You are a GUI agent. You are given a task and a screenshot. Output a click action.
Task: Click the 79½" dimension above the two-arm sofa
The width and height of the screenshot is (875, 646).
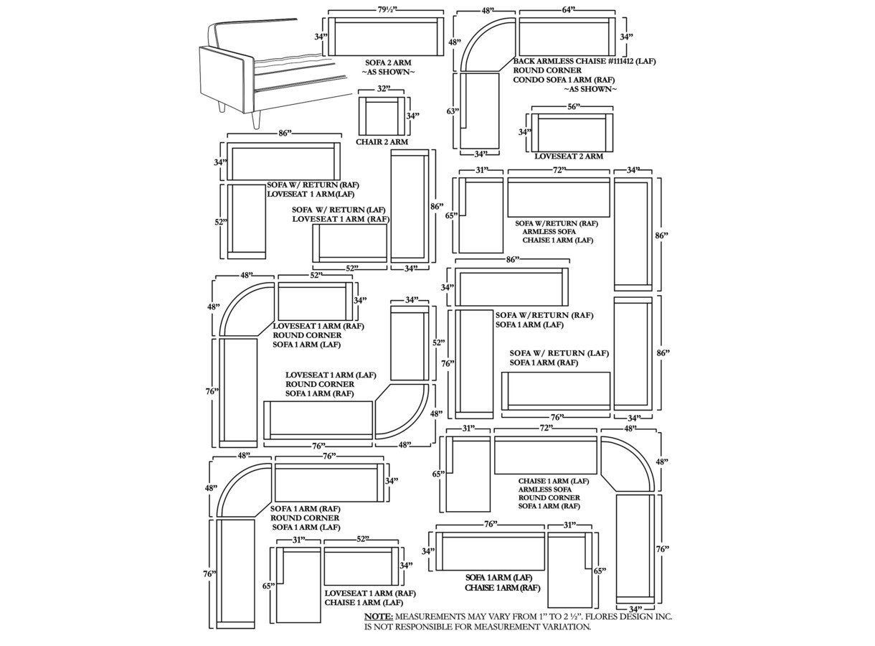387,10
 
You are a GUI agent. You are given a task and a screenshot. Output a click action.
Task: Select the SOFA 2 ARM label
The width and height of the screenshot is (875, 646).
388,62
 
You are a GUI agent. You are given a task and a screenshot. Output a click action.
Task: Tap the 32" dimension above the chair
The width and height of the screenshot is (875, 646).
384,89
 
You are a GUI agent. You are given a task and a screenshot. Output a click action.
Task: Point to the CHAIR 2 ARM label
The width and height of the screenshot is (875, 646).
382,142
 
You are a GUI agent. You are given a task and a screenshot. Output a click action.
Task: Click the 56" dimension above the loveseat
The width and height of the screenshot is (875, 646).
574,107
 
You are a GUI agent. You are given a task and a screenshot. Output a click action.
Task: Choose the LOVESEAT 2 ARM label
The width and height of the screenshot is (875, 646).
569,156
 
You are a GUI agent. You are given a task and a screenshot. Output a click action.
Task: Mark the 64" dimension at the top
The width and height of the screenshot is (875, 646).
567,10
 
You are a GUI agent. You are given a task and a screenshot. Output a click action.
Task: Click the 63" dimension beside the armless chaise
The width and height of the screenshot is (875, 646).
453,111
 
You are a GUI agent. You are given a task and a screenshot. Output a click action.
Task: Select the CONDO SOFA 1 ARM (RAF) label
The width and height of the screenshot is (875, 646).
564,80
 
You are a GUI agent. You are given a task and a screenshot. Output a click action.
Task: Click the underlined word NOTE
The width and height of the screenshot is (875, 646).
378,617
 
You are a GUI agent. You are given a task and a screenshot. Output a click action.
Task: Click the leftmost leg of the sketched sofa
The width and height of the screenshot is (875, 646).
222,107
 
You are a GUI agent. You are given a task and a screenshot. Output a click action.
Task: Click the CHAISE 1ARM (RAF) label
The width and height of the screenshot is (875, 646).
502,588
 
